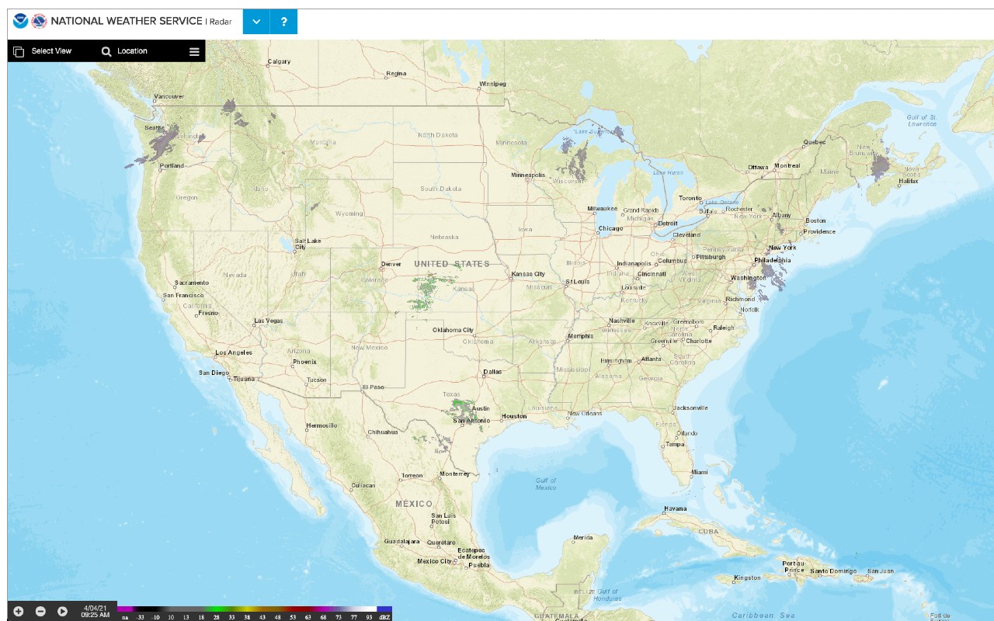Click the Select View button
(43, 51)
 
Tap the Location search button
(124, 51)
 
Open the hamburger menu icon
(194, 52)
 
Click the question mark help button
(283, 22)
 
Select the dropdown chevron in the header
(256, 22)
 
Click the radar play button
(62, 611)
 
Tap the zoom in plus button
(19, 611)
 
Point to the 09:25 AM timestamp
(96, 615)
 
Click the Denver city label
(391, 264)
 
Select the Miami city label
(700, 472)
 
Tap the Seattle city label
(155, 128)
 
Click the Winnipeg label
(492, 84)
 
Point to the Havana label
(675, 509)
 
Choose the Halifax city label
(909, 182)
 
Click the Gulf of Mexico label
(546, 484)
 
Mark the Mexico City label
(434, 561)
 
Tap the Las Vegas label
(269, 321)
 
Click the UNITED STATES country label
(451, 264)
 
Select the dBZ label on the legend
(384, 617)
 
